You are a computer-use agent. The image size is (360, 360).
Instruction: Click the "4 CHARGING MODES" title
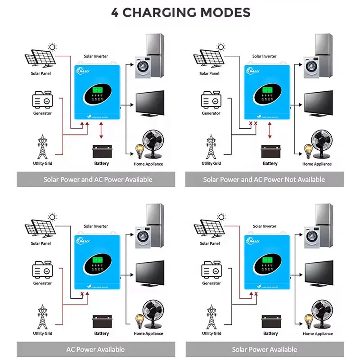tap(180, 12)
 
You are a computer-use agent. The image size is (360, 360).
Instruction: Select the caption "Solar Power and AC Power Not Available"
tap(264, 180)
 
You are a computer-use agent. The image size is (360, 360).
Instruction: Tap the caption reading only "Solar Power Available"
tap(264, 349)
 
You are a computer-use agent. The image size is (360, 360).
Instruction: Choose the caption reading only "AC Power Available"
tap(95, 349)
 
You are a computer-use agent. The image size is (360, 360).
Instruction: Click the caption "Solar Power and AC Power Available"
tap(98, 180)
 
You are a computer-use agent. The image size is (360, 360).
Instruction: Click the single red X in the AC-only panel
tap(81, 294)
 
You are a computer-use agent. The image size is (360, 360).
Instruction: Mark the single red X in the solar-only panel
tap(256, 294)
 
